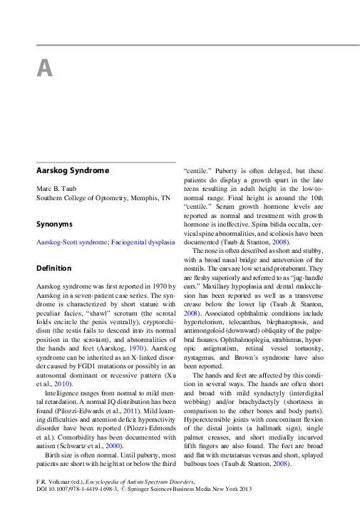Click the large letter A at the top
[x=44, y=68]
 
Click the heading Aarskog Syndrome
[x=73, y=171]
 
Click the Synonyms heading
[x=55, y=224]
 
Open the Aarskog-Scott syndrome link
[x=71, y=242]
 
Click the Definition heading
[x=54, y=268]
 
